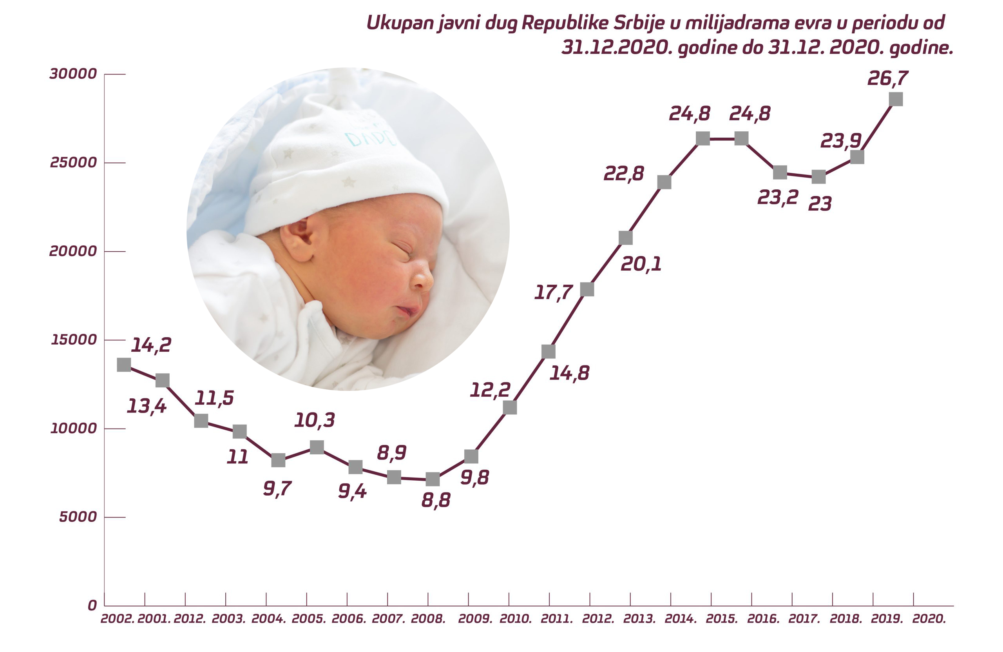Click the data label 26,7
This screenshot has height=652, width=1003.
[887, 78]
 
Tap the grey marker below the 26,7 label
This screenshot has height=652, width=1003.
[896, 99]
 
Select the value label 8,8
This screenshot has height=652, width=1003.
[436, 500]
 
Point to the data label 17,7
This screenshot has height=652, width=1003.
[553, 292]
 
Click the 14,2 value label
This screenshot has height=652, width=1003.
[151, 345]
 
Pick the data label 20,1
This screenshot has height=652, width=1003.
[641, 264]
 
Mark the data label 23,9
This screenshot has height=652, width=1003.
[840, 140]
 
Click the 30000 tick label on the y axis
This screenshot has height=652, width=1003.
[73, 74]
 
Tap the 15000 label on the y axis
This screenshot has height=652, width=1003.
[74, 340]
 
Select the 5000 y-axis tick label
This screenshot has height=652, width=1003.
[78, 517]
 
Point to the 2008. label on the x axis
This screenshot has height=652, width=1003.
[428, 619]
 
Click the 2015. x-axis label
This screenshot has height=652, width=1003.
[721, 619]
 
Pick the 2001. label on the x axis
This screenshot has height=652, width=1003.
[154, 619]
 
